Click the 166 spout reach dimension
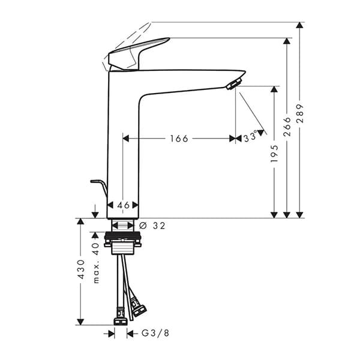click(x=179, y=139)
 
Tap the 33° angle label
click(x=251, y=137)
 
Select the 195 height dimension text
click(x=274, y=154)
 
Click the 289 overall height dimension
click(x=300, y=114)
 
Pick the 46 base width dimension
click(x=123, y=205)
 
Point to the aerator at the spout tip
click(x=234, y=83)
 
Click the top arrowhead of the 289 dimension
click(x=300, y=26)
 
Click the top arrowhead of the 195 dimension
click(x=274, y=90)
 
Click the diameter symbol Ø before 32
click(x=143, y=226)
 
